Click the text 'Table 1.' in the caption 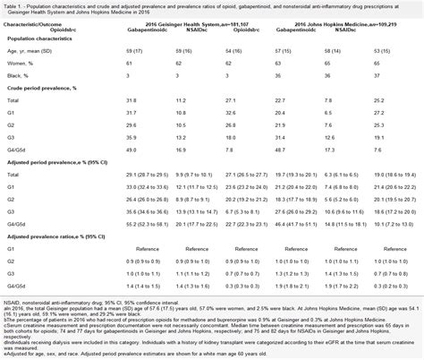coord(16,5)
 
